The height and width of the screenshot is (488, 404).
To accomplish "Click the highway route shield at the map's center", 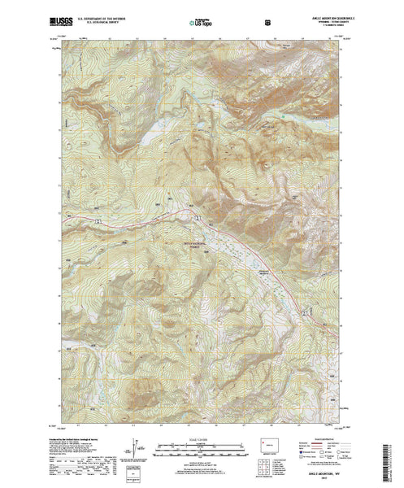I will (196, 216).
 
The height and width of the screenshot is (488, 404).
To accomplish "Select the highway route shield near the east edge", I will (304, 312).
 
